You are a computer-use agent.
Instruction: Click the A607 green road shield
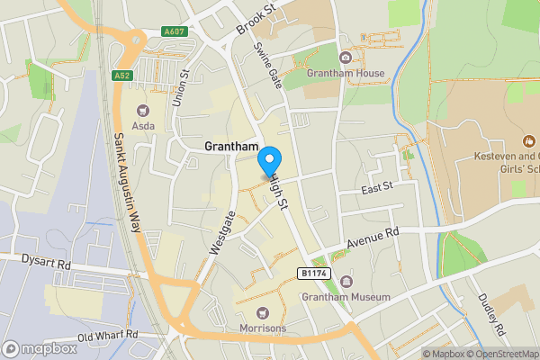pyautogui.click(x=175, y=31)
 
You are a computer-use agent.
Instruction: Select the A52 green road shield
pyautogui.click(x=123, y=76)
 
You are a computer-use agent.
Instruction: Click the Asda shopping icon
pyautogui.click(x=140, y=110)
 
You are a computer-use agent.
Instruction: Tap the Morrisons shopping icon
pyautogui.click(x=264, y=311)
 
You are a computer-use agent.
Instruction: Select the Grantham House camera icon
pyautogui.click(x=346, y=58)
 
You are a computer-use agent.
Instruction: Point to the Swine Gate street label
pyautogui.click(x=269, y=62)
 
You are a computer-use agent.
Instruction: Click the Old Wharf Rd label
pyautogui.click(x=108, y=335)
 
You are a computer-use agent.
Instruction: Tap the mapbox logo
pyautogui.click(x=40, y=348)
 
